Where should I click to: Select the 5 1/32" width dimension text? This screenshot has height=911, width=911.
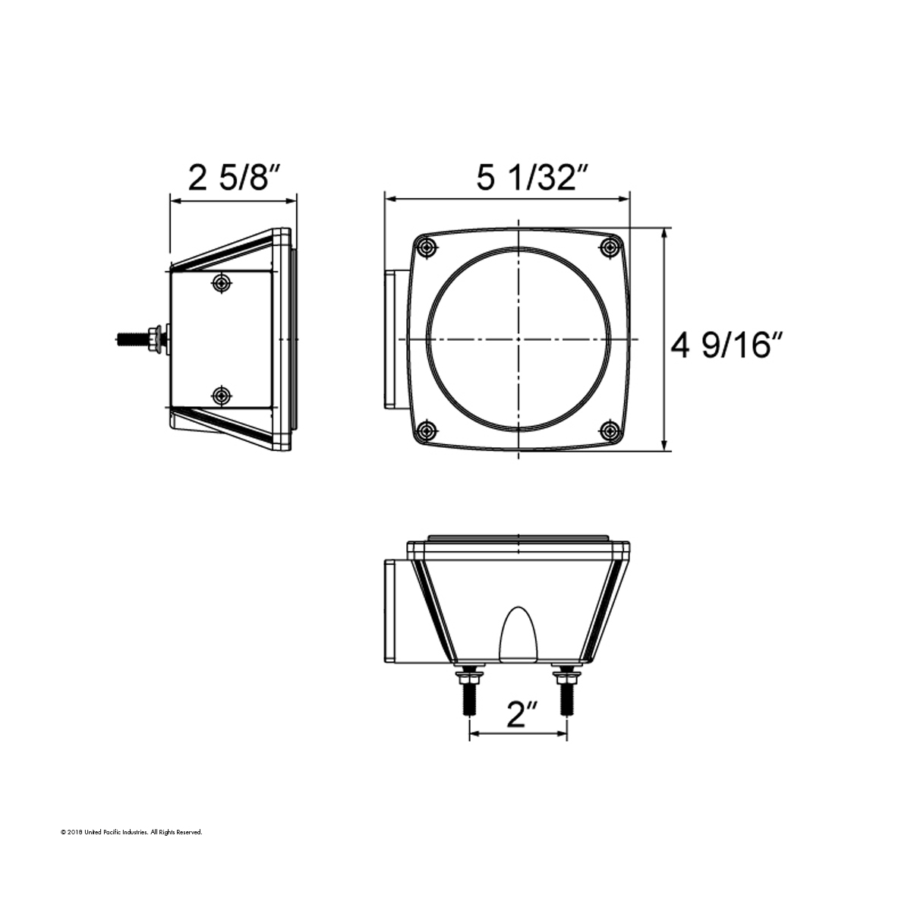click(533, 178)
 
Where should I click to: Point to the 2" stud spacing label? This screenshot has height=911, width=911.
click(522, 714)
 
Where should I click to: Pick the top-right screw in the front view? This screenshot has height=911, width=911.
click(610, 247)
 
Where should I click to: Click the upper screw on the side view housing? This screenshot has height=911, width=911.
click(222, 282)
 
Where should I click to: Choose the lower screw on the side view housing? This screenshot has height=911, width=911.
click(222, 396)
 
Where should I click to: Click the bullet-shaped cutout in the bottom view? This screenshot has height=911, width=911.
click(516, 635)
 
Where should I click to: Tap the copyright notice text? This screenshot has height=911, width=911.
click(131, 833)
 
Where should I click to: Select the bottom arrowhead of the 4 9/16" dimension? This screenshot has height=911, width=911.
click(665, 446)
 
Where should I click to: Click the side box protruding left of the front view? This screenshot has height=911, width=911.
click(393, 339)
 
